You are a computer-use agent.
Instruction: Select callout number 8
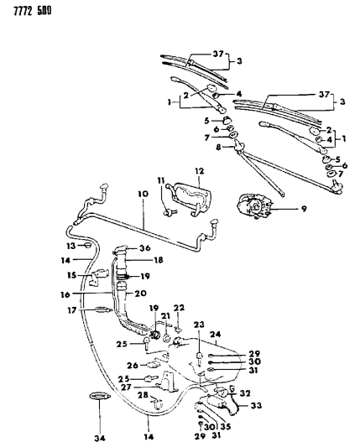[217, 148]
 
